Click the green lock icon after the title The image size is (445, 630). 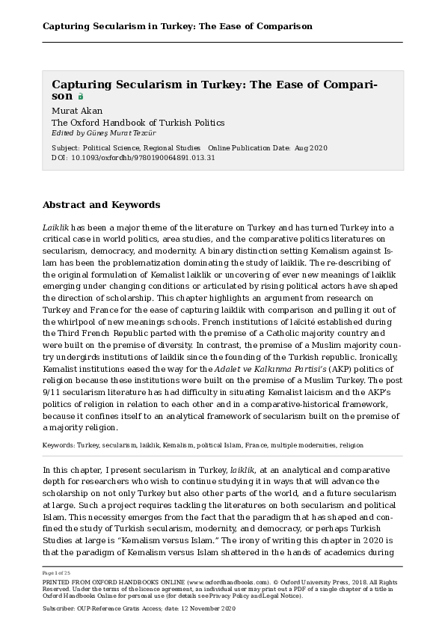tap(81, 97)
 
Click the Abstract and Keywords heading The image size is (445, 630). tap(101, 204)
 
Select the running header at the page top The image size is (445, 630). tap(177, 26)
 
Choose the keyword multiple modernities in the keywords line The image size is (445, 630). tap(295, 445)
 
